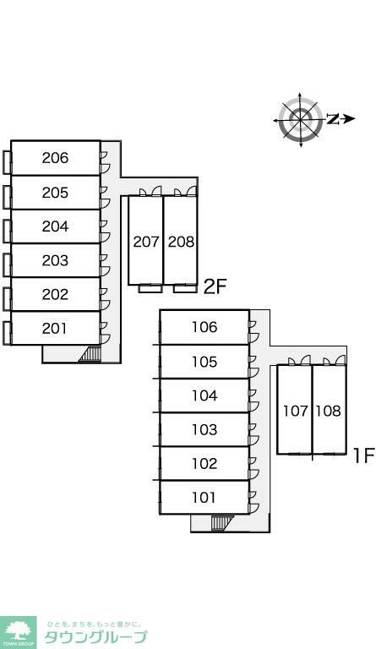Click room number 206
pyautogui.click(x=55, y=158)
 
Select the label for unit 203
pyautogui.click(x=55, y=260)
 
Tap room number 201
pyautogui.click(x=54, y=328)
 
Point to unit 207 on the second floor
pyautogui.click(x=146, y=242)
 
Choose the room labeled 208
pyautogui.click(x=181, y=242)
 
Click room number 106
pyautogui.click(x=204, y=327)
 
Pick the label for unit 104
pyautogui.click(x=204, y=395)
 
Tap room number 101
pyautogui.click(x=204, y=497)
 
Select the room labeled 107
pyautogui.click(x=296, y=411)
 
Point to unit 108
pyautogui.click(x=329, y=411)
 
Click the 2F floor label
pyautogui.click(x=215, y=286)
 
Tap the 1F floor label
pyautogui.click(x=363, y=455)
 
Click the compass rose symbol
pyautogui.click(x=300, y=120)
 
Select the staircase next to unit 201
pyautogui.click(x=90, y=354)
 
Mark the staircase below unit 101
pyautogui.click(x=222, y=523)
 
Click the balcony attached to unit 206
pyautogui.click(x=7, y=162)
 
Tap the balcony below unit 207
pyautogui.click(x=150, y=288)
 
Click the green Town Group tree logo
pyautogui.click(x=19, y=632)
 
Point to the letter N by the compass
pyautogui.click(x=333, y=119)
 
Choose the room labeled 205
pyautogui.click(x=55, y=193)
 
